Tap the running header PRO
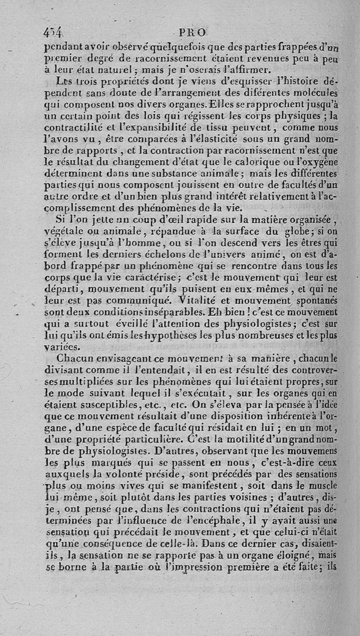point(192,32)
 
